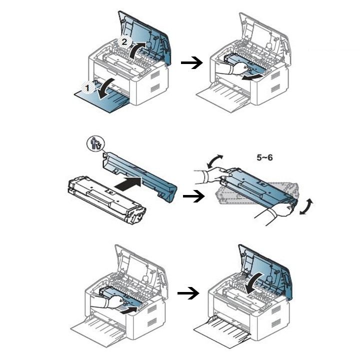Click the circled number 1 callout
point(88,87)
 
